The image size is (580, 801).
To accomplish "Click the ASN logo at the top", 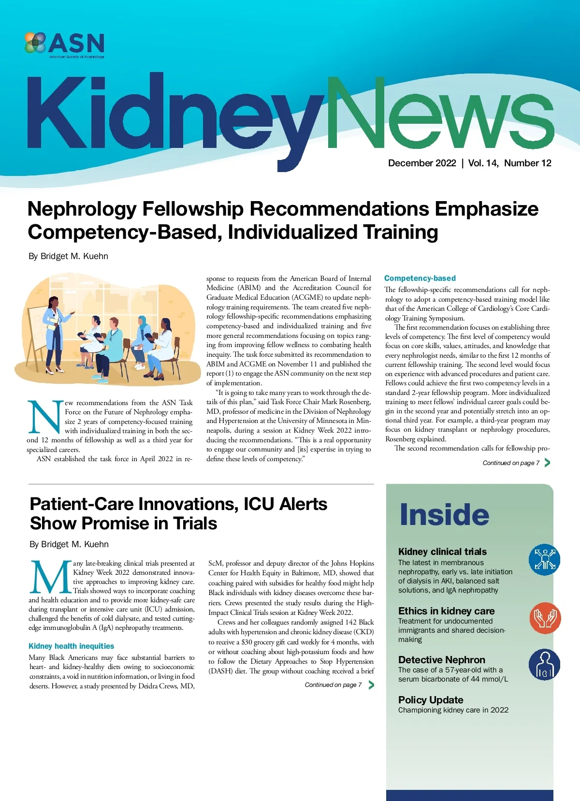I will (x=65, y=44).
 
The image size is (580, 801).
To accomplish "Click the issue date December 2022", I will (x=422, y=163).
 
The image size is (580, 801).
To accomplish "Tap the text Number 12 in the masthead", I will (x=527, y=163).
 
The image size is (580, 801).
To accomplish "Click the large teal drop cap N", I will (x=45, y=417).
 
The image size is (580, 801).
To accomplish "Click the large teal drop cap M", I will (x=50, y=577).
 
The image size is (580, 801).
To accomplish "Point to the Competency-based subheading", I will (x=420, y=278).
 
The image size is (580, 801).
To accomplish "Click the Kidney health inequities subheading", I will (x=71, y=646).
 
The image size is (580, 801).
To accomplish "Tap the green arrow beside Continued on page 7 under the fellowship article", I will (x=547, y=463).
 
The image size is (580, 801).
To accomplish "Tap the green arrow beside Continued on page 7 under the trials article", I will (x=371, y=684).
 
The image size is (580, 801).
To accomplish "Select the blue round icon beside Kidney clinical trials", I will (x=544, y=559).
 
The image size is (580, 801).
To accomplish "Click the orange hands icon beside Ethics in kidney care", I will (x=545, y=618).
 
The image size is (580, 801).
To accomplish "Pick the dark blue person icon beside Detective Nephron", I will (x=544, y=665).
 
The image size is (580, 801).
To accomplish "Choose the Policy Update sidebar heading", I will (x=431, y=700).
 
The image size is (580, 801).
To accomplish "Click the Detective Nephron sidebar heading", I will (x=441, y=660).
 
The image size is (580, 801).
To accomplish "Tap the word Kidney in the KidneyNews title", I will (x=174, y=116).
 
